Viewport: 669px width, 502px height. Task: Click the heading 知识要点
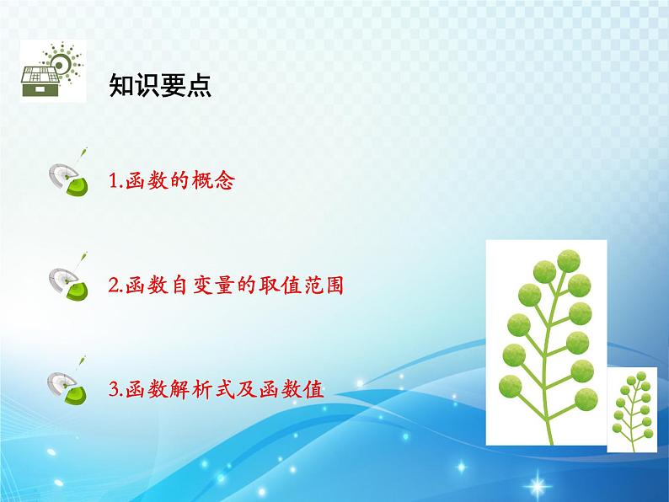pyautogui.click(x=159, y=85)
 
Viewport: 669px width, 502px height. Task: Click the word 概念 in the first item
pyautogui.click(x=213, y=180)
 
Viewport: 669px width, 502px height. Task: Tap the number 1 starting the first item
pyautogui.click(x=114, y=181)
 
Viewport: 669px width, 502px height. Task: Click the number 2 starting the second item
pyautogui.click(x=114, y=286)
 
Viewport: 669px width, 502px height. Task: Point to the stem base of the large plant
pyautogui.click(x=550, y=441)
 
